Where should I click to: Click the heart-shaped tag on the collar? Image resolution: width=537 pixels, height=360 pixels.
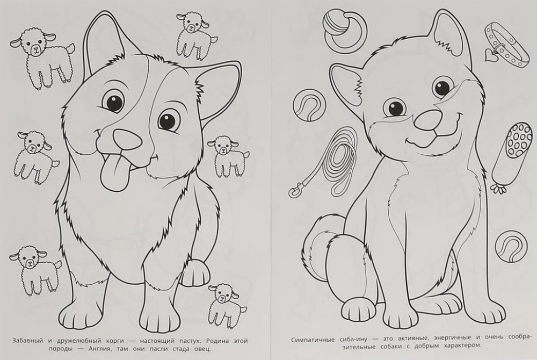490,55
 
